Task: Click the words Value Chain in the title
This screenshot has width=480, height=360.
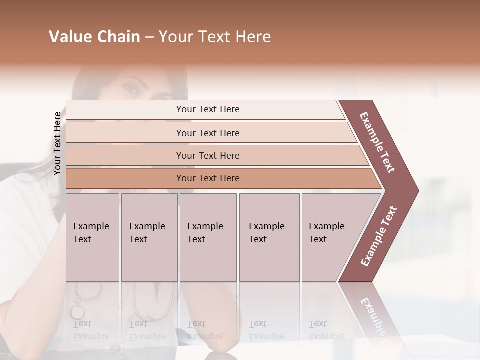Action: (94, 37)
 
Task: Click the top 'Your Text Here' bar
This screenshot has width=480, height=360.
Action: (208, 109)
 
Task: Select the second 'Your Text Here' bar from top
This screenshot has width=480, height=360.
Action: (208, 133)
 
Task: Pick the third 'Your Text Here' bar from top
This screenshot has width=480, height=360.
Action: (208, 155)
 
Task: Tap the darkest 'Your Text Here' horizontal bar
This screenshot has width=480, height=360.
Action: (208, 178)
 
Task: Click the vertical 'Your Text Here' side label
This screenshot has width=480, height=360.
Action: (57, 143)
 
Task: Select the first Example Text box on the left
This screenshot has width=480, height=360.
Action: (92, 237)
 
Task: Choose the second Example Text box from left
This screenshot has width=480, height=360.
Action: (149, 237)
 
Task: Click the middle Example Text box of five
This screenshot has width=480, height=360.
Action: (208, 237)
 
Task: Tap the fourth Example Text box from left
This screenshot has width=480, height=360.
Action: (269, 237)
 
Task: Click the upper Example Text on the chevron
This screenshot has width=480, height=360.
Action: (377, 142)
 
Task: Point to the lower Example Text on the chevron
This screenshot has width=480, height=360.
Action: (378, 236)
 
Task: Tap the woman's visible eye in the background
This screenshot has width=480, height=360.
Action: (131, 89)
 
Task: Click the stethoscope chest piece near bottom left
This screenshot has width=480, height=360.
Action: (77, 311)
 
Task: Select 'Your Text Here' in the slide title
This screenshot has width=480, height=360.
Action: (215, 37)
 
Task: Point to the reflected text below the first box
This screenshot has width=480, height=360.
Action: (91, 330)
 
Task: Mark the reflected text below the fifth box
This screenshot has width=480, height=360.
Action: (326, 330)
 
